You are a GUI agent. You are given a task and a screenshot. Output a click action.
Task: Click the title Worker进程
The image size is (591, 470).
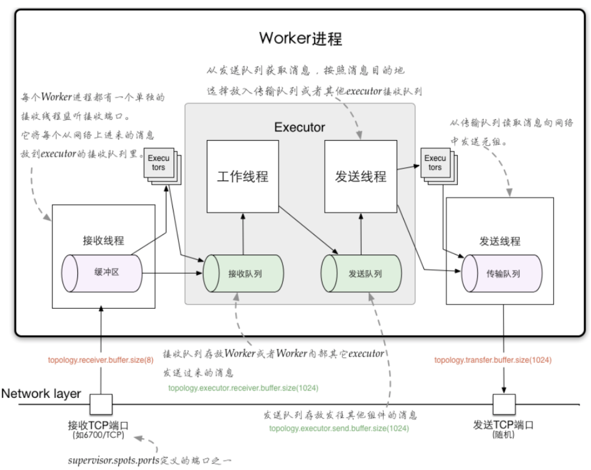[300, 38]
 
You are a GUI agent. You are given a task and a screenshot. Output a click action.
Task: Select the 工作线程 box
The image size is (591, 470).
[243, 177]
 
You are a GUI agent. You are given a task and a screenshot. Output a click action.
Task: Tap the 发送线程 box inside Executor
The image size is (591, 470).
[361, 177]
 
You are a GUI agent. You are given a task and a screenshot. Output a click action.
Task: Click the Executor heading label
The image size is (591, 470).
[300, 127]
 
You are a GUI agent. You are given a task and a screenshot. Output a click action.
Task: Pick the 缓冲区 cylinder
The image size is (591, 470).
[102, 273]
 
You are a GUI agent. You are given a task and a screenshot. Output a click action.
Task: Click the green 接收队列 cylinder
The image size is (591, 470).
[243, 273]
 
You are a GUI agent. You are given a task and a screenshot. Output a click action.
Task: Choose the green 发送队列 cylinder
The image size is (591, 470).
[361, 273]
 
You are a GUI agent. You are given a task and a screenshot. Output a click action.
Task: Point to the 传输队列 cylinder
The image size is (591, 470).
[502, 273]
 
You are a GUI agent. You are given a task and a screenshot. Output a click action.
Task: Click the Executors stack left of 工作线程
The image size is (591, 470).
[162, 166]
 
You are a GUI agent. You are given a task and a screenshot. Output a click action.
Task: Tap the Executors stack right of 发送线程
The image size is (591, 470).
[439, 166]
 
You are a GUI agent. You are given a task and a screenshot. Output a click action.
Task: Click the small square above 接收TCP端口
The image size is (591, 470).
[101, 404]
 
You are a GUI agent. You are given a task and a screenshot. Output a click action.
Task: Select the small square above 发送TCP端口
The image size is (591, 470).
[504, 404]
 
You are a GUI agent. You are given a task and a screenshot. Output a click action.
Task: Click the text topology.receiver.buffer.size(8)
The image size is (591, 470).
[101, 360]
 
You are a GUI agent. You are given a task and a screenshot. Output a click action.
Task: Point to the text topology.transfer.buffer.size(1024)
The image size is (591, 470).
[493, 360]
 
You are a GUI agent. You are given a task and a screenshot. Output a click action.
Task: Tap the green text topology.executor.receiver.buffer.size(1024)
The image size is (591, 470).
[243, 388]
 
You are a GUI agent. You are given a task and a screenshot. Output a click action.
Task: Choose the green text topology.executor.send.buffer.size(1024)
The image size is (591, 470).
[339, 428]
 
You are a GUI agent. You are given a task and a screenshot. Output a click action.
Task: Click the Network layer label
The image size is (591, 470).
[41, 394]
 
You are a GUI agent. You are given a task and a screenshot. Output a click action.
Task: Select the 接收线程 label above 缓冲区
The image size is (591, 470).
[103, 240]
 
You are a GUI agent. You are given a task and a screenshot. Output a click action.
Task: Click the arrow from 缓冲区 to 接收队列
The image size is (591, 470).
[172, 273]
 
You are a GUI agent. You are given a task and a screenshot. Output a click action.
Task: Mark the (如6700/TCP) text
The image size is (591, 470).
[98, 435]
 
